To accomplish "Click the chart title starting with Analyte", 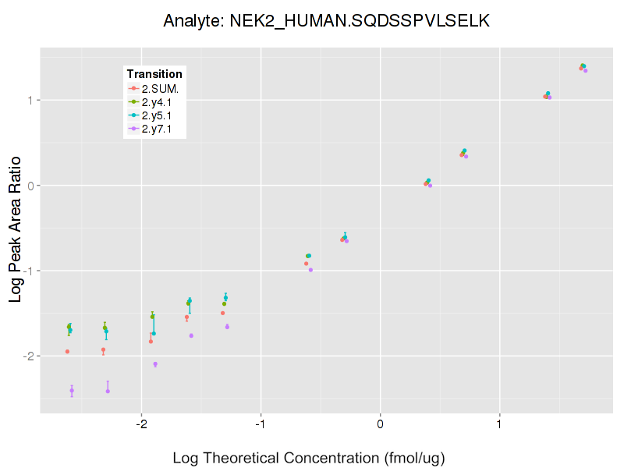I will [x=326, y=21].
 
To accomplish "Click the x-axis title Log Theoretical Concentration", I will [x=309, y=458].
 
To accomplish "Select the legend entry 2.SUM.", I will [x=160, y=89].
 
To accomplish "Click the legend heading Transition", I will [x=154, y=74].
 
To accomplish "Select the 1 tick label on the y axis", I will [x=30, y=100].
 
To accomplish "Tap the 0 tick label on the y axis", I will [x=30, y=186].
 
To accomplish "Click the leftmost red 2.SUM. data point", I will [x=67, y=352].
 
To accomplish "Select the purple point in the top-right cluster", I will [x=585, y=71].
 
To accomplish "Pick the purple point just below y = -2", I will [x=155, y=364].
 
